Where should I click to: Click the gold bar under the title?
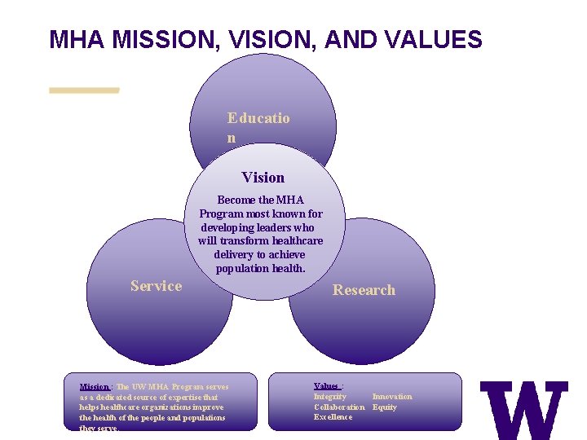[84, 90]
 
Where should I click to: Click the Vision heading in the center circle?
[263, 178]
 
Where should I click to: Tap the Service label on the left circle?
[156, 286]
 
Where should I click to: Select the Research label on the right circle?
[364, 290]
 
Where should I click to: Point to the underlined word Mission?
[94, 386]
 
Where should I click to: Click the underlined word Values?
[326, 386]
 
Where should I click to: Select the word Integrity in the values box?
[330, 397]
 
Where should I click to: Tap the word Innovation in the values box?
[392, 397]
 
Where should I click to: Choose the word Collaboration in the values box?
[339, 407]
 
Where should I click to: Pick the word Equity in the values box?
[385, 407]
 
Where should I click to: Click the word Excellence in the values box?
[333, 417]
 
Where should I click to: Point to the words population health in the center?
[260, 269]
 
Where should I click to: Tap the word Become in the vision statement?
[234, 200]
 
